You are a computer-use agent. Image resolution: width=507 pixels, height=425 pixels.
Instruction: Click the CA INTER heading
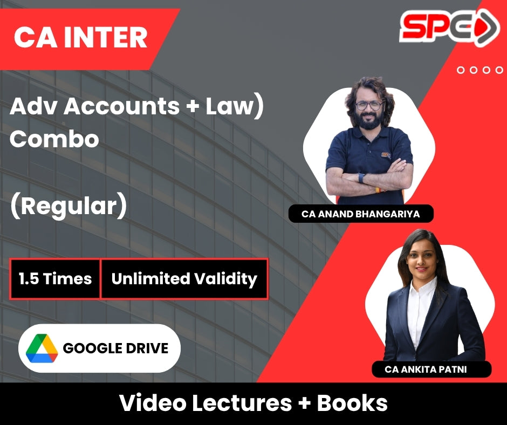pyautogui.click(x=80, y=37)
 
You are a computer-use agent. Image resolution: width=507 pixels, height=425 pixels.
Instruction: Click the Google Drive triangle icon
pyautogui.click(x=42, y=348)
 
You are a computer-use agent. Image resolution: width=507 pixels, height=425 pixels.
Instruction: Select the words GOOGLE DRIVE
pyautogui.click(x=115, y=348)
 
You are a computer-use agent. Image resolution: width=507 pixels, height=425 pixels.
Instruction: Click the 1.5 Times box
pyautogui.click(x=55, y=279)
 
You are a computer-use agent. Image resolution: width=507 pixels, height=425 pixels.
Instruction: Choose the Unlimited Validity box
pyautogui.click(x=184, y=279)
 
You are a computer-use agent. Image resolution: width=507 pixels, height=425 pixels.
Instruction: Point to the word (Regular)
pyautogui.click(x=68, y=206)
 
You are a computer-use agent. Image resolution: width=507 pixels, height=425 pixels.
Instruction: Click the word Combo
pyautogui.click(x=54, y=139)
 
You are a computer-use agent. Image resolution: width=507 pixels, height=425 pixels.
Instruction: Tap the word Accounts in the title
pyautogui.click(x=121, y=106)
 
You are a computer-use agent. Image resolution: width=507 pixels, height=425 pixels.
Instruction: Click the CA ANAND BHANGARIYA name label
pyautogui.click(x=361, y=214)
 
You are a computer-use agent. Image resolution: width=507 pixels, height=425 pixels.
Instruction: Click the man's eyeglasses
pyautogui.click(x=369, y=106)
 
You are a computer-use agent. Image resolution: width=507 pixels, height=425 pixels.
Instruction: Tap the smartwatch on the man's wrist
pyautogui.click(x=361, y=177)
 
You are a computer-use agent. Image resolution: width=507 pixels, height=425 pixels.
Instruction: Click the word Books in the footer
pyautogui.click(x=352, y=403)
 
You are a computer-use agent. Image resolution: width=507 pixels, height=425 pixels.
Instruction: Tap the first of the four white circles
pyautogui.click(x=461, y=70)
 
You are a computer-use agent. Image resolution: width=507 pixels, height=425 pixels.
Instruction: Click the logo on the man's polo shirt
pyautogui.click(x=386, y=155)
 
